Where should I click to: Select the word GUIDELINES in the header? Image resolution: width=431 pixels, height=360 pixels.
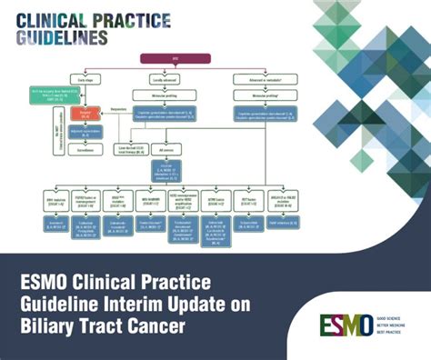(61, 37)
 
